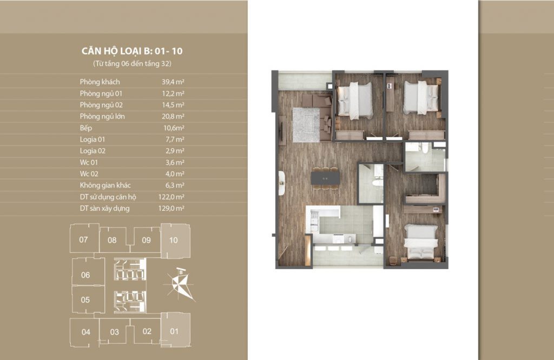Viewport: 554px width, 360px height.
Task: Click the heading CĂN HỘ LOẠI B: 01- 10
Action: click(132, 51)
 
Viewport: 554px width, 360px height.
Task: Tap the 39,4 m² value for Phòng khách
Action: click(173, 82)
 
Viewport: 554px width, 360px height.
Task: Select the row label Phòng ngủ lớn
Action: click(102, 116)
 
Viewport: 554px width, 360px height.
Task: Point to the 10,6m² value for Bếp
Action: click(174, 128)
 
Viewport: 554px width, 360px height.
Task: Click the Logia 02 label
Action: click(93, 151)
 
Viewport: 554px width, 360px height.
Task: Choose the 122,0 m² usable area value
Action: click(171, 197)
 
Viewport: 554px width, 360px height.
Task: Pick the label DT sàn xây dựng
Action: click(104, 209)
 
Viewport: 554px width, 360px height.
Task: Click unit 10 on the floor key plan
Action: click(175, 241)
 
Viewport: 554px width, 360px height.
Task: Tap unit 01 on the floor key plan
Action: click(176, 330)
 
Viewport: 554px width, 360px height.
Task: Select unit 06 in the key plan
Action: click(88, 272)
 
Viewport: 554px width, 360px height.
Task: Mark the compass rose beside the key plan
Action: click(180, 284)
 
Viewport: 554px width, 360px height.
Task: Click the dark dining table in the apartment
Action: click(325, 178)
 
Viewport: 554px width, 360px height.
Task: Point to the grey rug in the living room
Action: click(306, 125)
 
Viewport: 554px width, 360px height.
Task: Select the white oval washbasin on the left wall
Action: click(281, 183)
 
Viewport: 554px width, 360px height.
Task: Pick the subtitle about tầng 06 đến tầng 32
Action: click(132, 64)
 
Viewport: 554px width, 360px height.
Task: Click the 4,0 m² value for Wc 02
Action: click(175, 174)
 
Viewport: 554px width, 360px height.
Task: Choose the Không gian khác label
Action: click(105, 185)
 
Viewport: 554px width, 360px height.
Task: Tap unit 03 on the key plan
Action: click(114, 332)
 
